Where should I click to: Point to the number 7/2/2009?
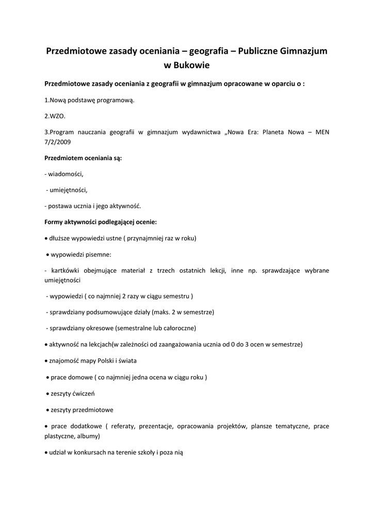[58, 141]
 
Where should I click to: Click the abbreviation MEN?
[321, 132]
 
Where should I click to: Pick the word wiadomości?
[66, 174]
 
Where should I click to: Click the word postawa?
[60, 206]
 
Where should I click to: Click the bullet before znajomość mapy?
[46, 361]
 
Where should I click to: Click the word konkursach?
[91, 452]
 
